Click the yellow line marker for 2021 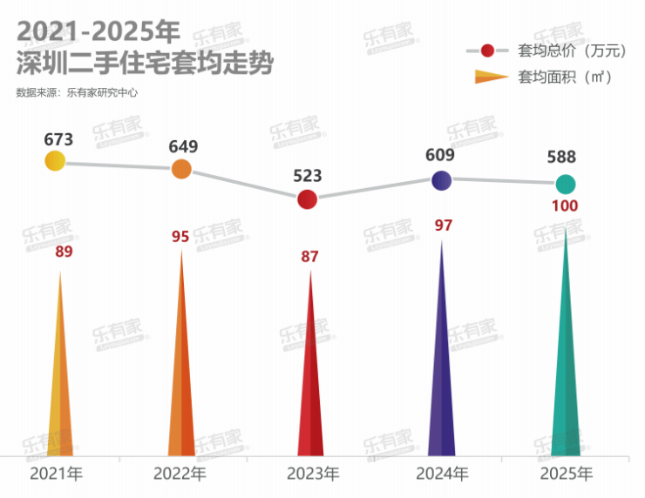point(55,160)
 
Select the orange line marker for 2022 point(181,169)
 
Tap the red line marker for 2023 point(307,199)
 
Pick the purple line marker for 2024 point(442,180)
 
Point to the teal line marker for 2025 point(566,184)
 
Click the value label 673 point(58,138)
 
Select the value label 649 point(183,146)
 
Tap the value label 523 point(307,176)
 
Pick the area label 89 point(64,252)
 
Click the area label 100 point(565,206)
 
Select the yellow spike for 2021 point(60,383)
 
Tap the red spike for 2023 point(310,383)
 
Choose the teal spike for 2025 point(566,366)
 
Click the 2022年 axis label point(180,474)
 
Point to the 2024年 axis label point(442,474)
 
